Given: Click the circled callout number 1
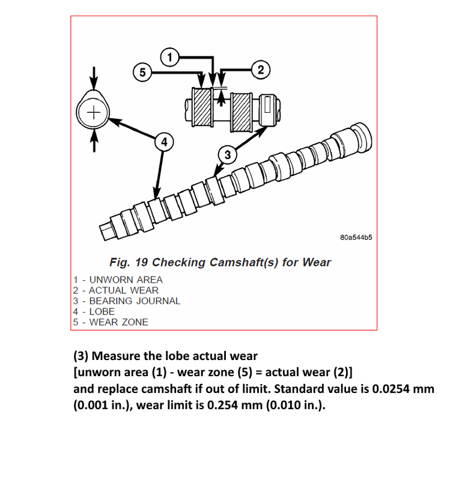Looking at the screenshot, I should [x=170, y=58].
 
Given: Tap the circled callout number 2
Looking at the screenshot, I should [x=260, y=70].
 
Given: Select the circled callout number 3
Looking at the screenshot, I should [x=227, y=155].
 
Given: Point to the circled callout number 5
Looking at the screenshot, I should [x=141, y=73].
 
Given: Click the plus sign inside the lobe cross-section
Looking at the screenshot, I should [x=93, y=113].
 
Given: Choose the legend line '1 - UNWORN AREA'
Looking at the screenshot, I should [x=118, y=280].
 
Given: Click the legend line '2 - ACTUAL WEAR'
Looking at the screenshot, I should [x=115, y=290].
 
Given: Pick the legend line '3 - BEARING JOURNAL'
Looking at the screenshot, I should [x=126, y=301].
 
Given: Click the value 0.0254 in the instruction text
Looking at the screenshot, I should [x=392, y=389].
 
